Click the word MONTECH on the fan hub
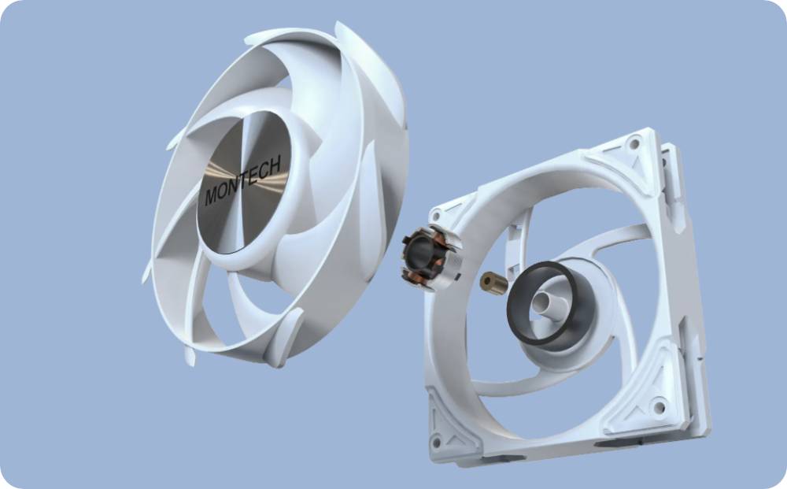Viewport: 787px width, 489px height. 242,180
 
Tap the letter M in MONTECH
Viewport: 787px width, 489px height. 211,195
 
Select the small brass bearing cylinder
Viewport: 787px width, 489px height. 493,283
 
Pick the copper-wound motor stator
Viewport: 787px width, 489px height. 431,257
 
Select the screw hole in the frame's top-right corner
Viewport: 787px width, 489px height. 634,144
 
